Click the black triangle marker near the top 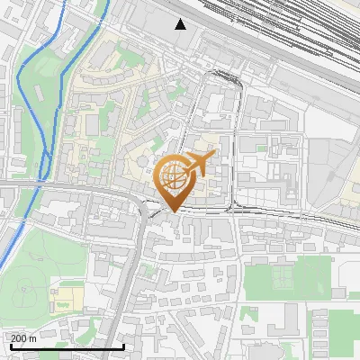[x=181, y=24]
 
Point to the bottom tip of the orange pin [x=171, y=212]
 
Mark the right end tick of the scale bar [x=123, y=346]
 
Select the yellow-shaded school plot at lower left [x=65, y=298]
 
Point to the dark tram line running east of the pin [x=288, y=214]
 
